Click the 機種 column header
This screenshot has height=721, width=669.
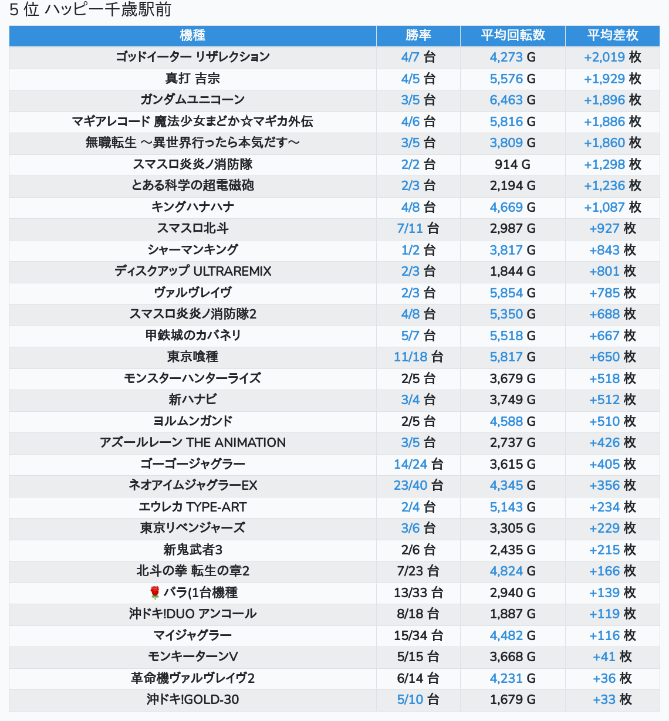coord(192,35)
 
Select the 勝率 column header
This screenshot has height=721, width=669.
coord(418,35)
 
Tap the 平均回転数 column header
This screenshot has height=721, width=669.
coord(513,35)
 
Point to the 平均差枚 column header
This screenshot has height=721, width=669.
coord(613,35)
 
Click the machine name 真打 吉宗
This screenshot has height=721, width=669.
coord(192,79)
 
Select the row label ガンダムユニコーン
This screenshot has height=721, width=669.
coord(192,100)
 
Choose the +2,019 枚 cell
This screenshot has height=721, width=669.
coord(613,57)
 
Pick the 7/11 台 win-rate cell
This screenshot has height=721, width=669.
coord(418,228)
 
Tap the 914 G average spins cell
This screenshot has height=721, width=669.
coord(513,164)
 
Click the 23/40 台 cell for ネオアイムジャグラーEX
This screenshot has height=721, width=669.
coord(418,485)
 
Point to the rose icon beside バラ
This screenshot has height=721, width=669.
coord(155,593)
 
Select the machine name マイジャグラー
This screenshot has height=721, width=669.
coord(192,635)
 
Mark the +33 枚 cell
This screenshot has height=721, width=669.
coord(613,699)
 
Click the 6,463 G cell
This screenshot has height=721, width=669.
coord(513,100)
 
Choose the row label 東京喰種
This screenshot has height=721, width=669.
coord(192,357)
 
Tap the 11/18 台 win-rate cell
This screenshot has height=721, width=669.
coord(418,357)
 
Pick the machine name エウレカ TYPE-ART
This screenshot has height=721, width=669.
coord(192,507)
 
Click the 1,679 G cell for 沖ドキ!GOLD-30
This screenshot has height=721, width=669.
coord(513,699)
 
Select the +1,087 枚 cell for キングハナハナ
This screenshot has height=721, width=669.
coord(613,207)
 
